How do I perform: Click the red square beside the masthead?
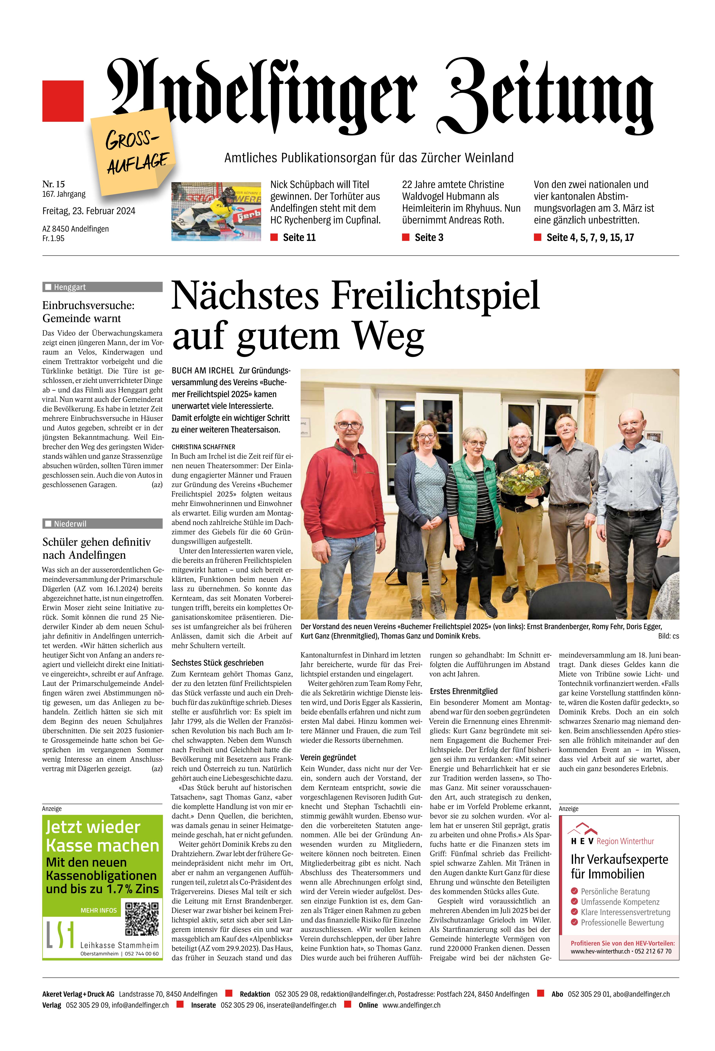pos(63,101)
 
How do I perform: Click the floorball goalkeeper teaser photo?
pos(216,211)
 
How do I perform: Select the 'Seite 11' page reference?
pos(299,237)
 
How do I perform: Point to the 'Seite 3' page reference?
pos(429,237)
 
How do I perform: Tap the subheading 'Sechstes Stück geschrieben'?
pos(217,663)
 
